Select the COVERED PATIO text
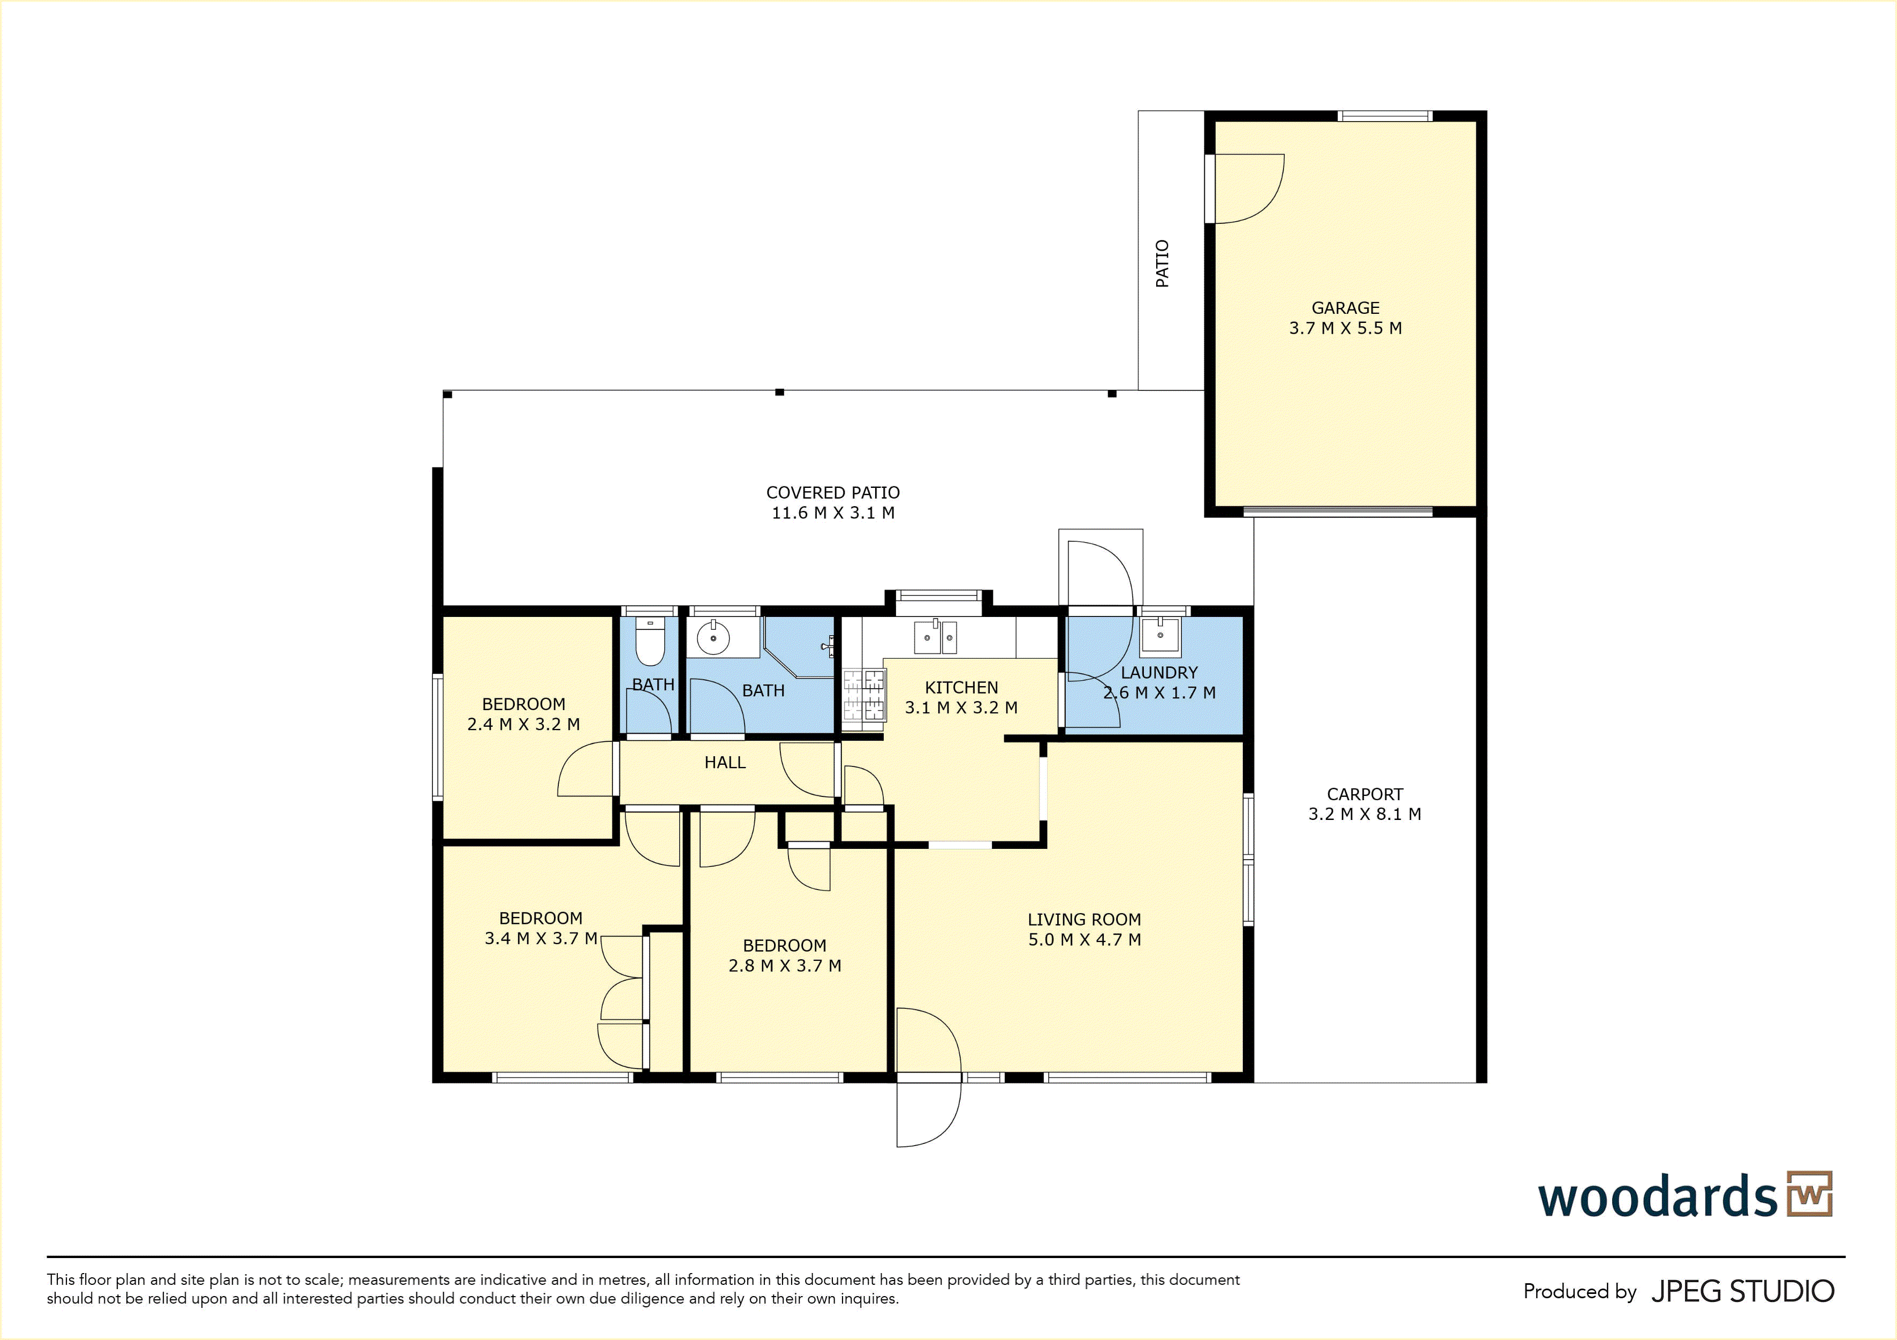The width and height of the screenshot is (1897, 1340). [x=833, y=493]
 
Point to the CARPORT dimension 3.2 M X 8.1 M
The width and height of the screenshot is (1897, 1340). [x=1365, y=814]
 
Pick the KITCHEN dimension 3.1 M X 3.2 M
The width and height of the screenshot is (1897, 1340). [x=961, y=707]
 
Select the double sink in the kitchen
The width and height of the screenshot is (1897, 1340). [x=935, y=636]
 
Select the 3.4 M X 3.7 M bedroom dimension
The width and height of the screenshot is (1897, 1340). [x=541, y=938]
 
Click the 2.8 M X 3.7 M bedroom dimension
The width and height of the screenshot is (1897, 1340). [x=785, y=966]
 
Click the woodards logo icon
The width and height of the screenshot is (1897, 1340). [x=1809, y=1194]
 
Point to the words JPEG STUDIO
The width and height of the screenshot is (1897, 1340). [x=1742, y=1291]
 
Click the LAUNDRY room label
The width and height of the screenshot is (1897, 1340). [x=1159, y=673]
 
